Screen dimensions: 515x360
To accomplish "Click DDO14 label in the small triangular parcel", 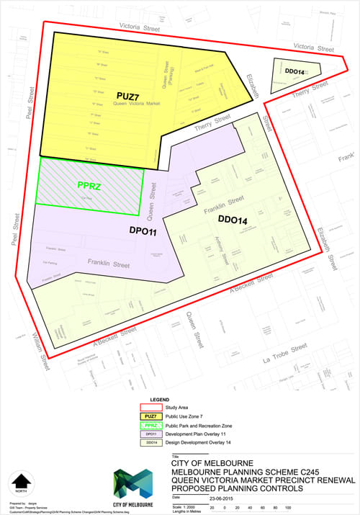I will (x=297, y=73).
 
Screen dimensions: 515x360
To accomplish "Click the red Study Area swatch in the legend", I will (x=150, y=406).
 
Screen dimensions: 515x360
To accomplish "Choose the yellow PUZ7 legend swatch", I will (x=150, y=416).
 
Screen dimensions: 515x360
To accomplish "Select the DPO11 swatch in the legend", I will (x=150, y=434).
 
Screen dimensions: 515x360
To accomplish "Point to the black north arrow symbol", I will (x=22, y=481).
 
